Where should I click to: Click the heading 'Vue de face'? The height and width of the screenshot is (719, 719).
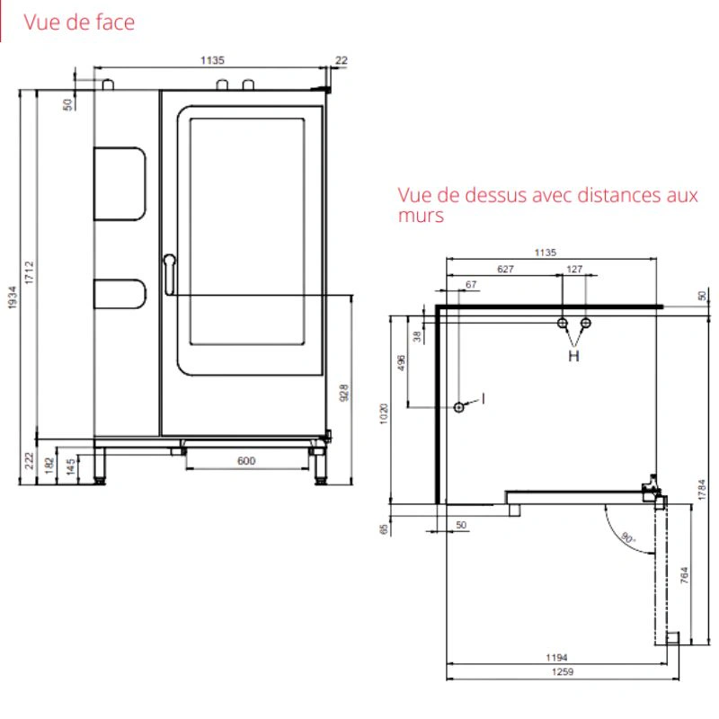tap(79, 22)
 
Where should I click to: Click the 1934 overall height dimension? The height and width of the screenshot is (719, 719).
tap(13, 297)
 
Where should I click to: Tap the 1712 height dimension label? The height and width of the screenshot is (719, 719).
tap(30, 272)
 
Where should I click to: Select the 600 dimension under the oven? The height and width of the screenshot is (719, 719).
tap(246, 460)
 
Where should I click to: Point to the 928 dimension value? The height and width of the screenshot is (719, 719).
tap(344, 393)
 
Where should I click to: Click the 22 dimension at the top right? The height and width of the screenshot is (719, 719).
tap(342, 60)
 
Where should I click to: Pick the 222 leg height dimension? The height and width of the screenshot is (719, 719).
tap(30, 460)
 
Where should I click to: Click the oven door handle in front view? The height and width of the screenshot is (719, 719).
tap(169, 274)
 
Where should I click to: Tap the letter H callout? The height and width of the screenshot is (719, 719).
tap(573, 356)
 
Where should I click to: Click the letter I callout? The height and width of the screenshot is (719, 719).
tap(483, 399)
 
